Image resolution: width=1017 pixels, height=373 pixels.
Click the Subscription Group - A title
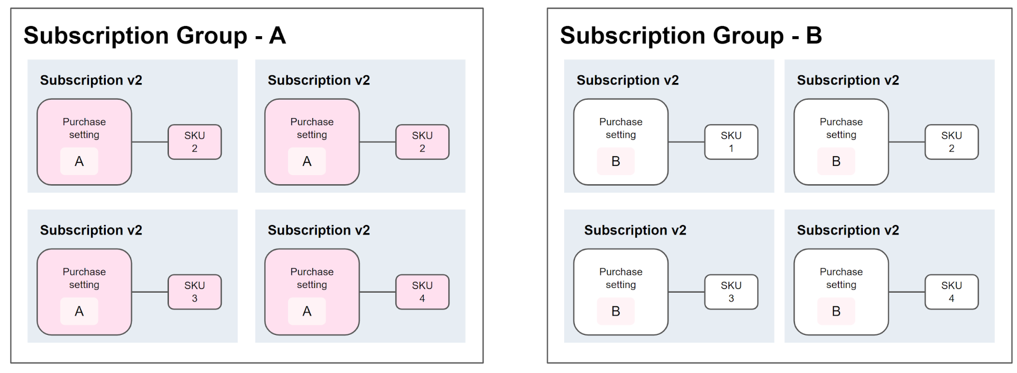(x=155, y=36)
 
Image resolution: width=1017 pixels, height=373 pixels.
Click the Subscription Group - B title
(x=691, y=36)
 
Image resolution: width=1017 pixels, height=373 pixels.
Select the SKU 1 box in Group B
(x=731, y=142)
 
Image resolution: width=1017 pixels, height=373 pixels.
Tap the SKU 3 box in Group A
(x=194, y=292)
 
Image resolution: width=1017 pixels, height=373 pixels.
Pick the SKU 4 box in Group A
(x=422, y=292)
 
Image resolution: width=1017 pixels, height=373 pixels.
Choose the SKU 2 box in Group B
(x=951, y=142)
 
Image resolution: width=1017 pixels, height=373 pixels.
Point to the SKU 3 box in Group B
(x=731, y=292)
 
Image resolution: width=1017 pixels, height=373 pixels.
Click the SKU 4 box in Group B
(x=951, y=292)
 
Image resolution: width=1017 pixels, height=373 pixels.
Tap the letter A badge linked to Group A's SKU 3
(x=79, y=311)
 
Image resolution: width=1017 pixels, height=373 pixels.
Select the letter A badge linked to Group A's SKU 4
(x=307, y=311)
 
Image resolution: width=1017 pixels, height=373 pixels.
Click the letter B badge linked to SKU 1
(x=616, y=161)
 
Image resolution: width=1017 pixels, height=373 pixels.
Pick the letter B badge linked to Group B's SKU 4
(x=836, y=311)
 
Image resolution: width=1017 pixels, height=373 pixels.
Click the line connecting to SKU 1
(x=686, y=142)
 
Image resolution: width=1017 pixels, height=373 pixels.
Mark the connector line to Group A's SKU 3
(x=150, y=292)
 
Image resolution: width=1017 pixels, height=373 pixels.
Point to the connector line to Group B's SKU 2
(x=907, y=142)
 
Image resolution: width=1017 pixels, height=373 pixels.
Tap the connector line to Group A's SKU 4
(x=377, y=292)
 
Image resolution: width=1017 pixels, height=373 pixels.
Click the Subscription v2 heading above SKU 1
(x=627, y=80)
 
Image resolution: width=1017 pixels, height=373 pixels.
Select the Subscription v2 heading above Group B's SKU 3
(x=635, y=231)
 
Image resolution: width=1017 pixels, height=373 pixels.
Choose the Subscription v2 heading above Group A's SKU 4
(x=318, y=231)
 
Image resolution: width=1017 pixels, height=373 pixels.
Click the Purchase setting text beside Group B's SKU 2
(x=841, y=128)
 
